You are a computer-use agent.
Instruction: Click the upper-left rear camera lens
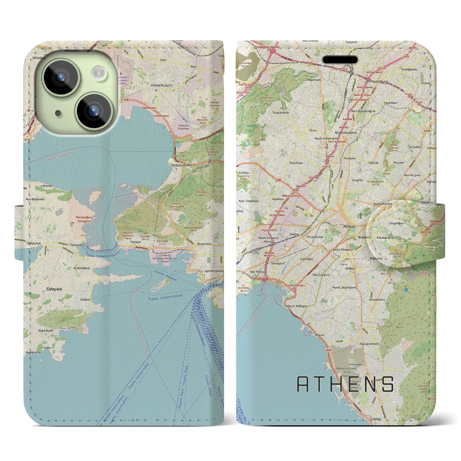61,77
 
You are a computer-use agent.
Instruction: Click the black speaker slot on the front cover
340,59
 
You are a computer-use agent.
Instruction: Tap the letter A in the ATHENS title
303,384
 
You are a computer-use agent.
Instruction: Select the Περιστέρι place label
296,163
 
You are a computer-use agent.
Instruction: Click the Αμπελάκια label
81,268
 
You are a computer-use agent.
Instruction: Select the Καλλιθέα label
306,259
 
